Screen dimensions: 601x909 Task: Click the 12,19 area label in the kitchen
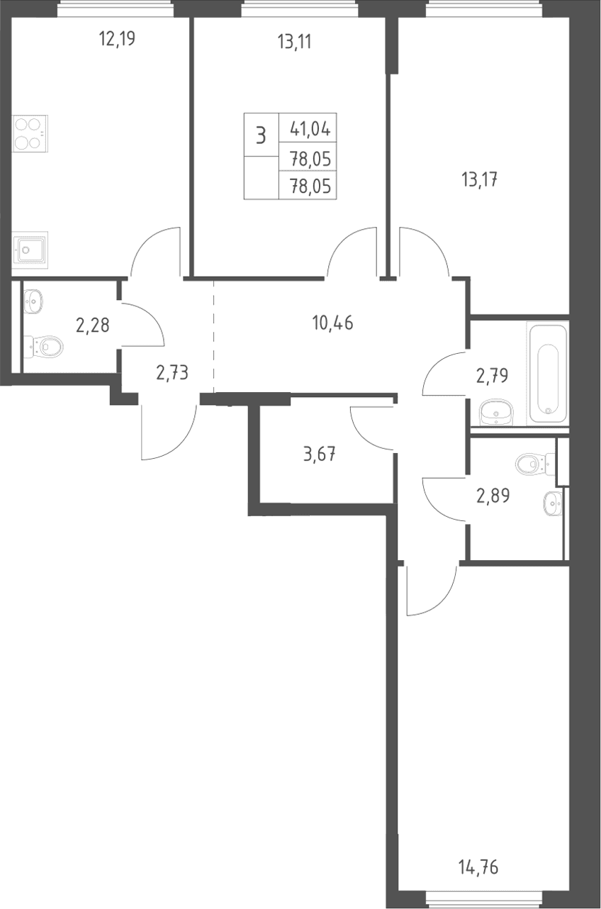[117, 40]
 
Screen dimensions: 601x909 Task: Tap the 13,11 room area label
[294, 42]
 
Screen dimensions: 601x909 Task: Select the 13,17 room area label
[479, 179]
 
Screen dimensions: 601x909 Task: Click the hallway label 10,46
[332, 323]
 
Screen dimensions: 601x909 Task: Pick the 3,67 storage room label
[320, 454]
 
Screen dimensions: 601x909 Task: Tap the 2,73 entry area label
[172, 372]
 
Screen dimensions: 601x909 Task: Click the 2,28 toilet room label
[93, 325]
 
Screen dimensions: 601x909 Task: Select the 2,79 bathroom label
[492, 376]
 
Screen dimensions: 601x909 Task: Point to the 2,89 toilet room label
[493, 496]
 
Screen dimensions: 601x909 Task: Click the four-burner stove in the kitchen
[30, 133]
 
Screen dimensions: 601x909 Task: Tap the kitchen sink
[30, 249]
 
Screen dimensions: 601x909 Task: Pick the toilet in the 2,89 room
[535, 464]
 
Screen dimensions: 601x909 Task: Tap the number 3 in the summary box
[261, 135]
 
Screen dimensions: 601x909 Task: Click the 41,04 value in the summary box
[310, 130]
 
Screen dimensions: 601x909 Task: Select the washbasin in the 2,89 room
[552, 503]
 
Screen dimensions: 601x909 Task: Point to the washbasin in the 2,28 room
[33, 301]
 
